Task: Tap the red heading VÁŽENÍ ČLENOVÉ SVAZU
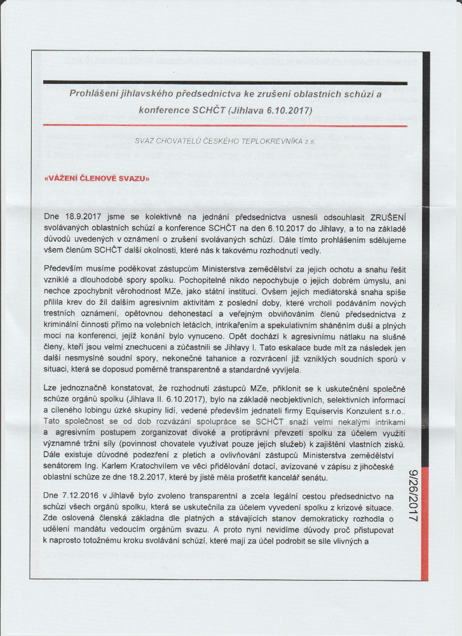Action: [97, 179]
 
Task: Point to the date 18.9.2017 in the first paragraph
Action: [87, 216]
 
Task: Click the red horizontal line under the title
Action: [226, 126]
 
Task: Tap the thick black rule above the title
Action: [226, 83]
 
